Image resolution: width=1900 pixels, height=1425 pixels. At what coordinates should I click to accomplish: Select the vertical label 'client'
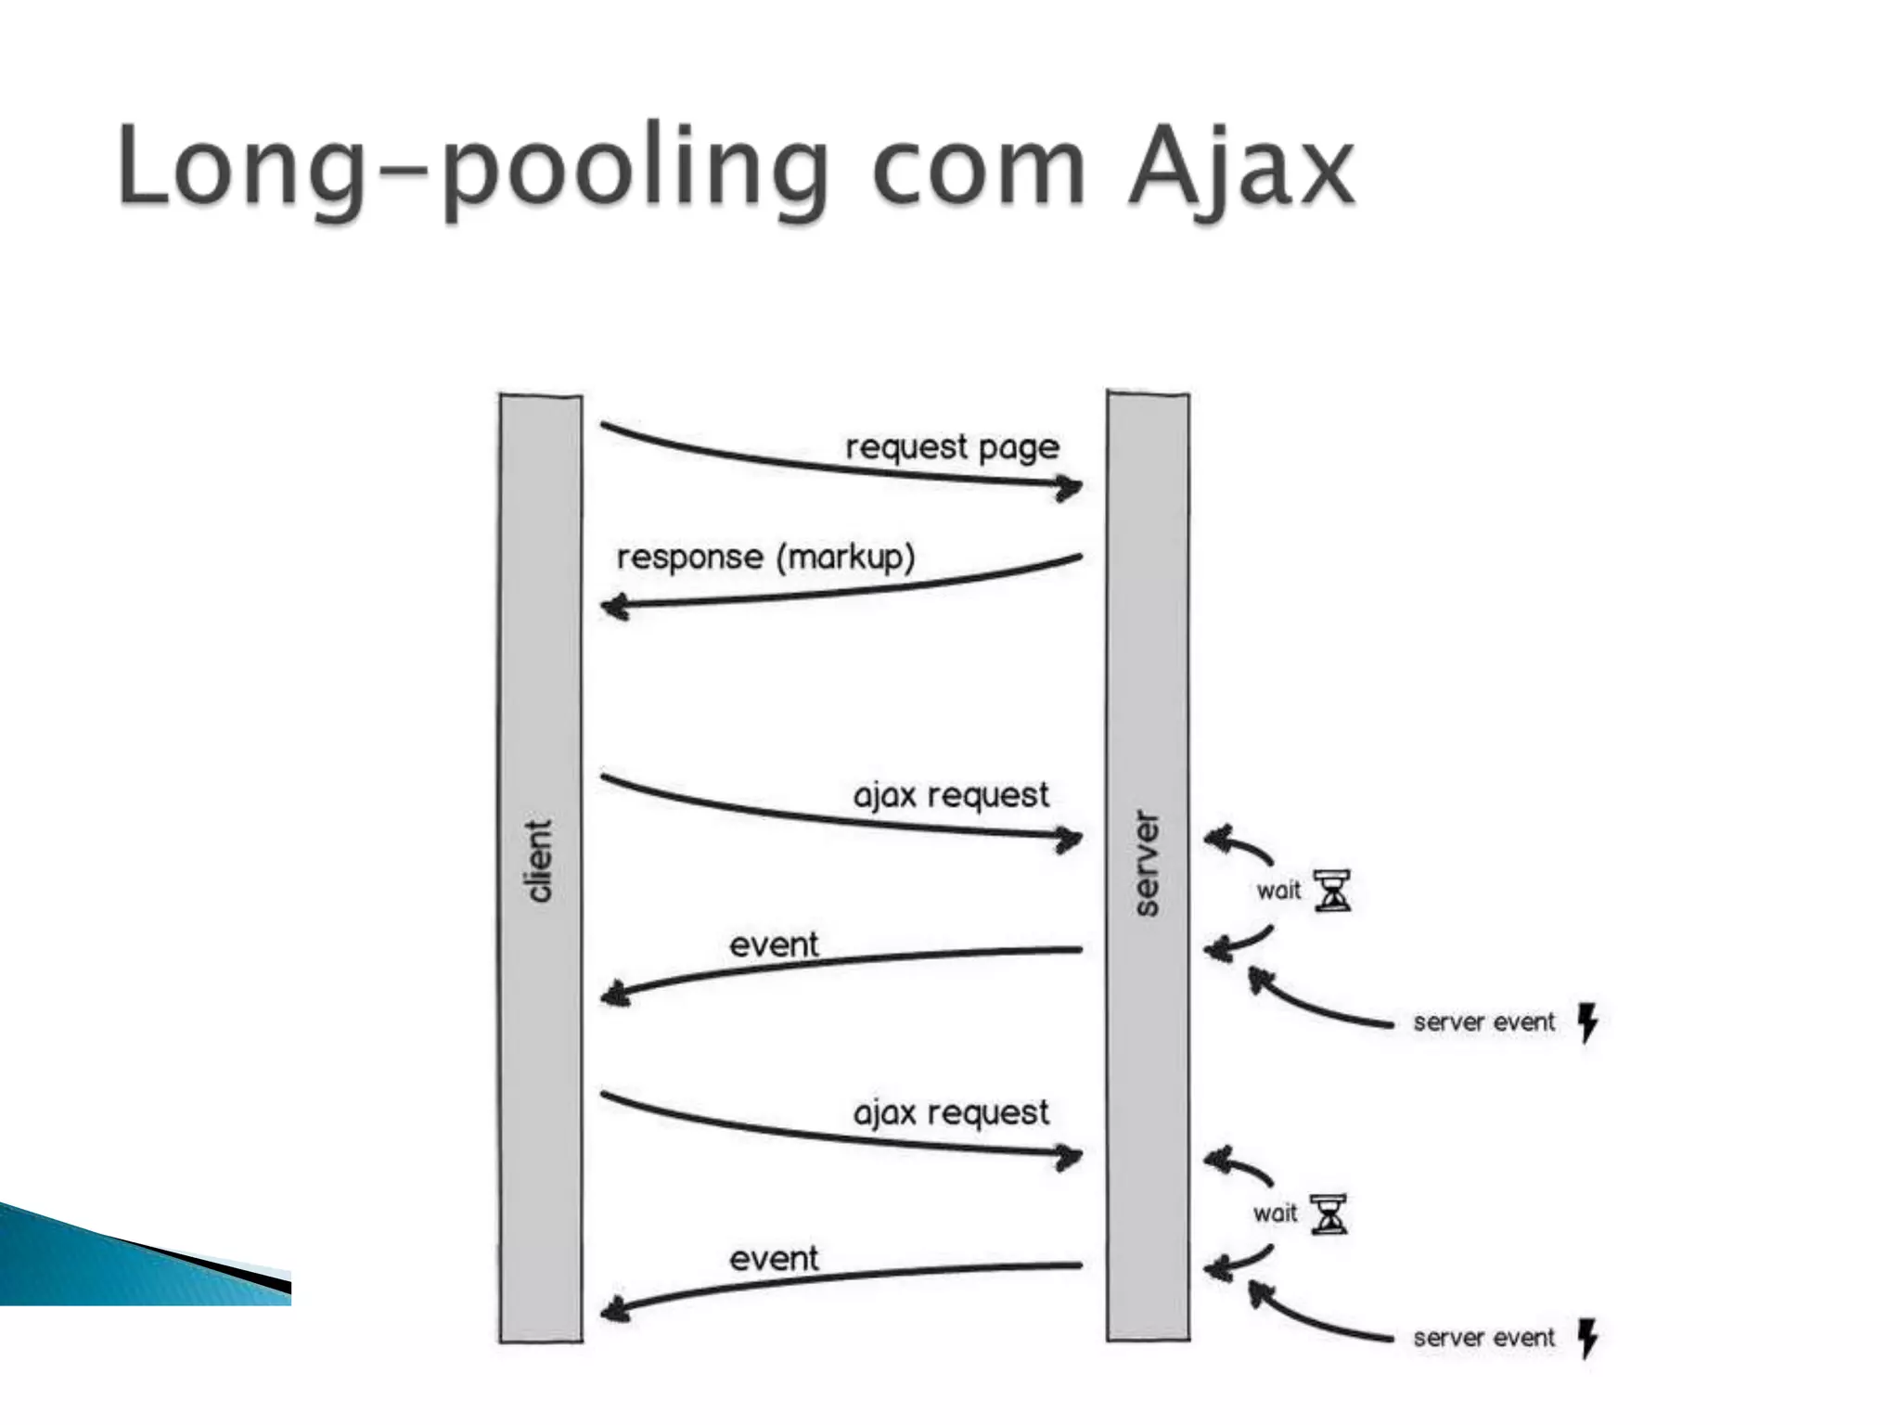pos(539,860)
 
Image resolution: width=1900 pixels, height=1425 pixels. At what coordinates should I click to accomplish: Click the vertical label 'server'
pos(1148,864)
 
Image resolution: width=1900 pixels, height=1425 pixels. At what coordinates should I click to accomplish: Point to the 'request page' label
pos(952,448)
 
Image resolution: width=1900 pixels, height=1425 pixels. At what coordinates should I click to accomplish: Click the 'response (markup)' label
pos(765,558)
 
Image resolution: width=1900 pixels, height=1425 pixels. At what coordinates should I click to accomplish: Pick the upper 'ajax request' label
pos(951,796)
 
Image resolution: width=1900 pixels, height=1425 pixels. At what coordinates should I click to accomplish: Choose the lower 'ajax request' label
pos(951,1112)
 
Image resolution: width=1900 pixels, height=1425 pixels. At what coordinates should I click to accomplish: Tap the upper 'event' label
pos(774,945)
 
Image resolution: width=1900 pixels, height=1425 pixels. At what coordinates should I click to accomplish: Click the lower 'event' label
pos(774,1259)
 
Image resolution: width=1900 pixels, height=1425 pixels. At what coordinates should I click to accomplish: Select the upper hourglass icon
pos(1332,891)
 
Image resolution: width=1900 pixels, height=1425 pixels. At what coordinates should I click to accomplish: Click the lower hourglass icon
pos(1329,1214)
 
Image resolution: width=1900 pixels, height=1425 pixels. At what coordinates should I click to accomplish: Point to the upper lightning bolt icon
pos(1588,1022)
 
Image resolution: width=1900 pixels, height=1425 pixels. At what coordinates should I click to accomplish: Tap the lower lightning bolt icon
pos(1588,1338)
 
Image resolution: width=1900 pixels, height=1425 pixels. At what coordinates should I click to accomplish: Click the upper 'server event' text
pos(1483,1022)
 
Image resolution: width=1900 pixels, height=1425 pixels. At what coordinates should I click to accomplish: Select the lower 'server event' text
pos(1483,1338)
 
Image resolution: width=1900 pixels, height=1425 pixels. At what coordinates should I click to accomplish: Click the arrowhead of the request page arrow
pos(1072,486)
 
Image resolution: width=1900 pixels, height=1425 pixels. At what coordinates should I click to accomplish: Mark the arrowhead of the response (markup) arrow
pos(613,608)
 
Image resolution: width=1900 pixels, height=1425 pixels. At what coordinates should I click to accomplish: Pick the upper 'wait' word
pos(1278,891)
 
